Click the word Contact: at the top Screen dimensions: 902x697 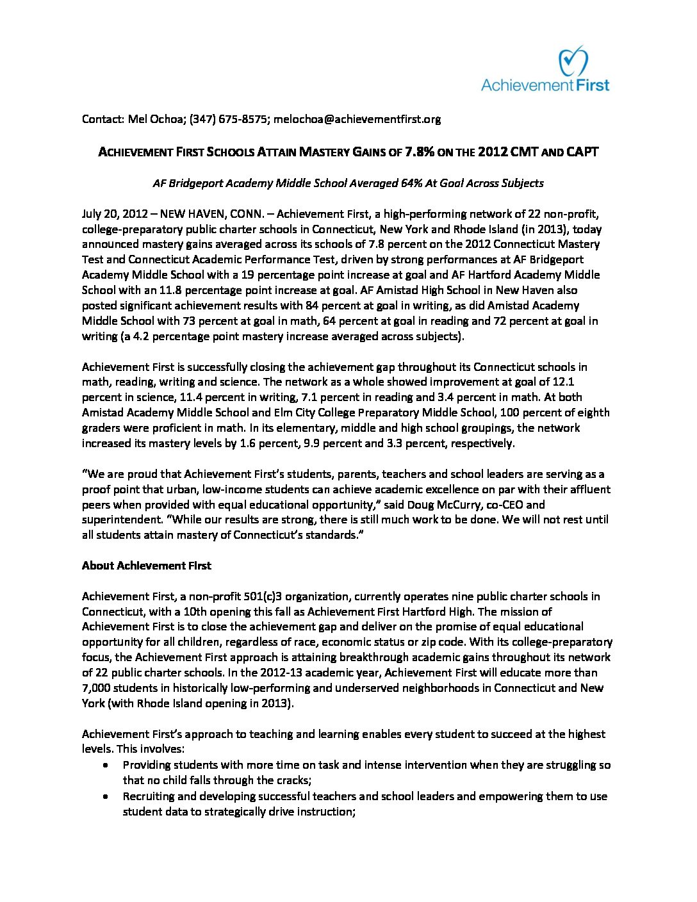(x=102, y=119)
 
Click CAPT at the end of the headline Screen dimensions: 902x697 (x=582, y=152)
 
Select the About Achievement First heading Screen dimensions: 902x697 (x=146, y=566)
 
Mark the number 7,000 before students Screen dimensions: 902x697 (x=96, y=688)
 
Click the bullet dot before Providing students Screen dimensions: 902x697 (x=105, y=765)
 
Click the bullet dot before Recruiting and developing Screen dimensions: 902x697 (x=105, y=796)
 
